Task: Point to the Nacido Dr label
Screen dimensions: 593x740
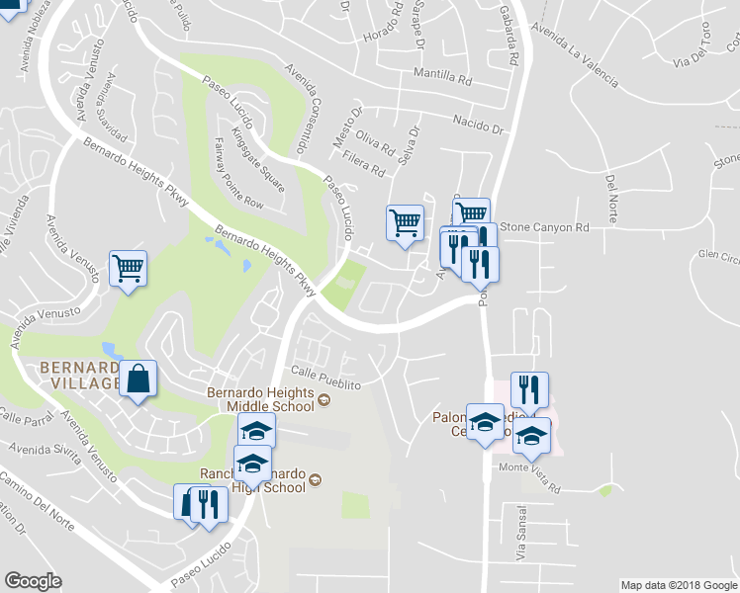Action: click(x=478, y=127)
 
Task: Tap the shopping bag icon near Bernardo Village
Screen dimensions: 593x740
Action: click(x=139, y=379)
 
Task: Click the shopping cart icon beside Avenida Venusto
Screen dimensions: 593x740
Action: click(x=129, y=267)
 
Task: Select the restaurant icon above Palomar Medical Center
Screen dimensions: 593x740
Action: click(x=529, y=390)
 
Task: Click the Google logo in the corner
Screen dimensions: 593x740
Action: click(x=33, y=581)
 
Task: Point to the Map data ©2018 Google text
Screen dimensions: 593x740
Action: click(x=679, y=585)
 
